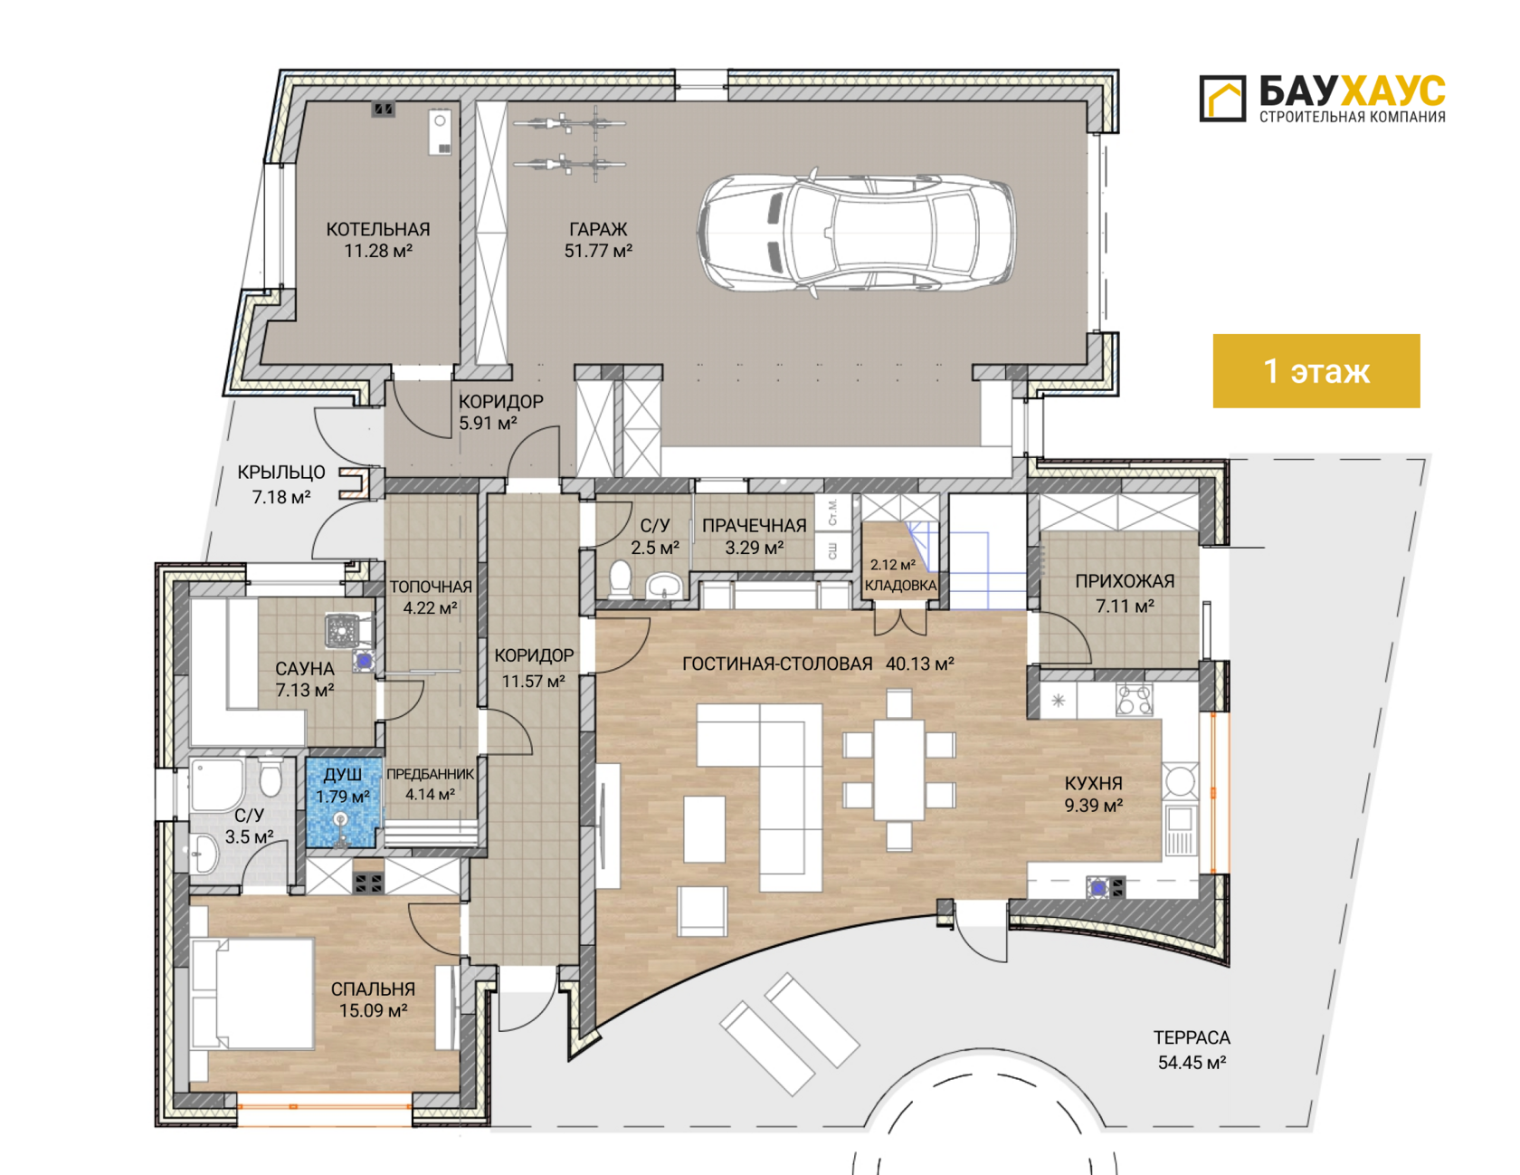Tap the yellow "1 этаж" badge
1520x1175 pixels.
[x=1316, y=371]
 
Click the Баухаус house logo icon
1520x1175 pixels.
[x=1222, y=98]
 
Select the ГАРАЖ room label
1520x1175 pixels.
[x=598, y=230]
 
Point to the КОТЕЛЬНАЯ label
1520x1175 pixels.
[x=378, y=230]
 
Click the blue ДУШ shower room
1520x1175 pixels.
[x=342, y=803]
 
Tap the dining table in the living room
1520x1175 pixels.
[x=899, y=769]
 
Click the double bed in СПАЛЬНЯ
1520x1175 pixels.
[x=253, y=993]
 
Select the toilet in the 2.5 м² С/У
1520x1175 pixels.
[x=621, y=578]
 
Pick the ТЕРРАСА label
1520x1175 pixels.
[x=1192, y=1038]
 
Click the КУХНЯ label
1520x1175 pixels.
[x=1093, y=784]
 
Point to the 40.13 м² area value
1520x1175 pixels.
[x=920, y=664]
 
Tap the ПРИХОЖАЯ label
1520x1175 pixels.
[x=1125, y=582]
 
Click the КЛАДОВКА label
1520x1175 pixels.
[x=900, y=586]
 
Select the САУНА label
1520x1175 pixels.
[x=305, y=669]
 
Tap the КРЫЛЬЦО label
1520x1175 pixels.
[x=281, y=473]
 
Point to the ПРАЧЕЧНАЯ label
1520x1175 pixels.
[x=755, y=526]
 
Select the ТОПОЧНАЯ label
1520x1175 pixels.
[x=431, y=587]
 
